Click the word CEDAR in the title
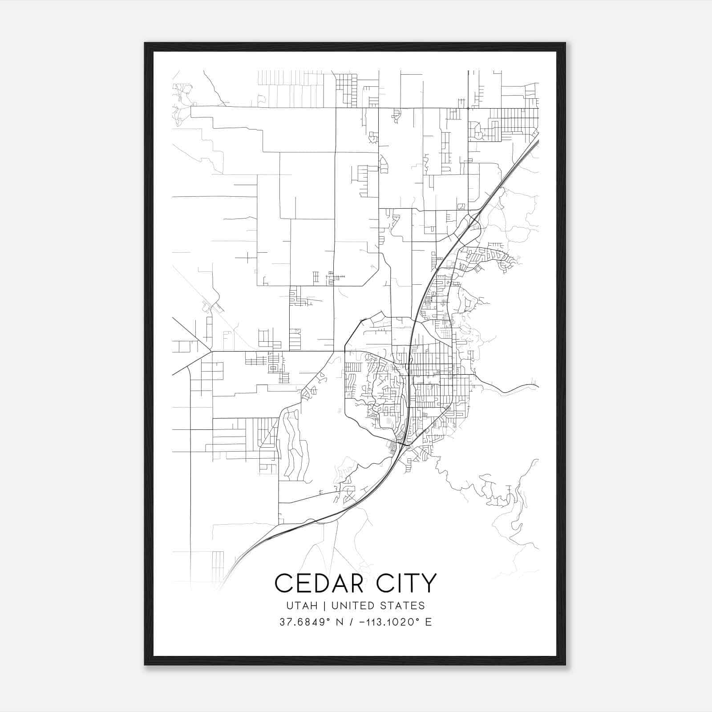[x=320, y=583]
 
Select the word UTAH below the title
[x=299, y=606]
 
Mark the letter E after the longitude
[x=428, y=622]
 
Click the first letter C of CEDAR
[x=283, y=583]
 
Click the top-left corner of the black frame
[x=145, y=43]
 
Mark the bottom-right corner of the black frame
[x=565, y=665]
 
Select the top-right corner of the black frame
[x=565, y=43]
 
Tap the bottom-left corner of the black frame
[x=145, y=665]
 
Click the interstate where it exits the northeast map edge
[x=538, y=142]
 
